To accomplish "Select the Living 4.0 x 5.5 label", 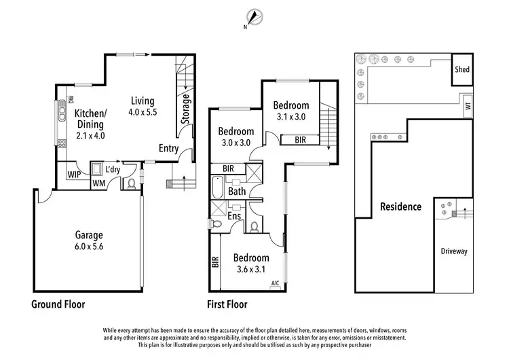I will point(143,107).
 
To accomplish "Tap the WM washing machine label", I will point(98,183).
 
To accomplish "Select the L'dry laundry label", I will point(113,168).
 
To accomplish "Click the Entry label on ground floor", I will point(169,149).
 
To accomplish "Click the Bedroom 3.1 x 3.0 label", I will point(291,111).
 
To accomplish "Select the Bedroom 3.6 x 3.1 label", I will point(251,264).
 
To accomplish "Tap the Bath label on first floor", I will point(237,192).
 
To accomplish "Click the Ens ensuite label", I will point(234,216).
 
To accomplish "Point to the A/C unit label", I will point(276,283).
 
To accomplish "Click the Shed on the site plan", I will point(461,70).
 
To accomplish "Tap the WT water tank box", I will point(467,106).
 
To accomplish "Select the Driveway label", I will point(455,251).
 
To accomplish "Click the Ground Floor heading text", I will point(58,304).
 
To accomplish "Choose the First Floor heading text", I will point(227,304).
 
